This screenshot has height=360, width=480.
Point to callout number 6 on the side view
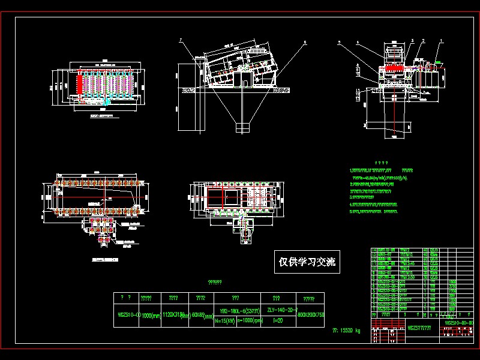point(305,43)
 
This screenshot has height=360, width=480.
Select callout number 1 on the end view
point(442,40)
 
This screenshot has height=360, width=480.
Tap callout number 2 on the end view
point(424,40)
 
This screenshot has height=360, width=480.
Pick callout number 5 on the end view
point(339,43)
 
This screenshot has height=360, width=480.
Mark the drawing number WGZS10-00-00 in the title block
point(458,323)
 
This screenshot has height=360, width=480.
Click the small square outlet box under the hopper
point(242,128)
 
